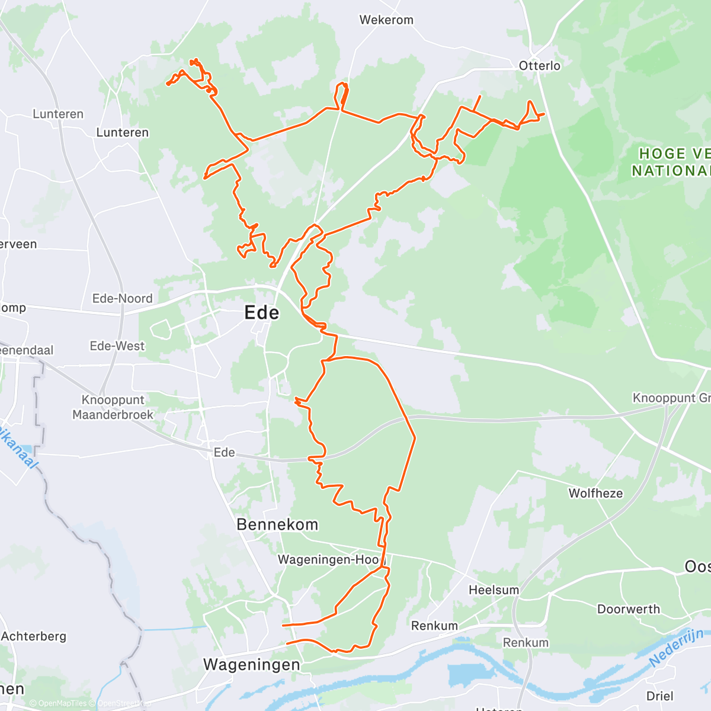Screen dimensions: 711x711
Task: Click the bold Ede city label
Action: pyautogui.click(x=261, y=313)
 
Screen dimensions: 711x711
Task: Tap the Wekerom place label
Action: pyautogui.click(x=386, y=20)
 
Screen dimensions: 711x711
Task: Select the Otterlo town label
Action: pyautogui.click(x=539, y=66)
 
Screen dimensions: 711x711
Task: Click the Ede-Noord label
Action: pyautogui.click(x=122, y=299)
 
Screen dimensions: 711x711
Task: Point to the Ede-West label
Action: pyautogui.click(x=117, y=345)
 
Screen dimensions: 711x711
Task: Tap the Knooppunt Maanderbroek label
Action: pyautogui.click(x=113, y=407)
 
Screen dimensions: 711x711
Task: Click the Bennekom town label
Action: pyautogui.click(x=277, y=524)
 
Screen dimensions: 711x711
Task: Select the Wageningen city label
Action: pyautogui.click(x=252, y=664)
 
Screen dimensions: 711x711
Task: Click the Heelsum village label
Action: pyautogui.click(x=494, y=590)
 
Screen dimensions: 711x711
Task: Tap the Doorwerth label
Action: pyautogui.click(x=628, y=609)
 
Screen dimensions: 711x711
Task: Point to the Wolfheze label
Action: pyautogui.click(x=595, y=493)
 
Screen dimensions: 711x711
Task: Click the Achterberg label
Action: pyautogui.click(x=34, y=636)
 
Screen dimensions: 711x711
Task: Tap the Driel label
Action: pyautogui.click(x=659, y=696)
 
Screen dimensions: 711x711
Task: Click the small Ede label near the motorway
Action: pyautogui.click(x=224, y=452)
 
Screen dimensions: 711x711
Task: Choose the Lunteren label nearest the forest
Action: pyautogui.click(x=122, y=132)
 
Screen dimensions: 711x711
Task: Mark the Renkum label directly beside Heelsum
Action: pyautogui.click(x=434, y=626)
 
